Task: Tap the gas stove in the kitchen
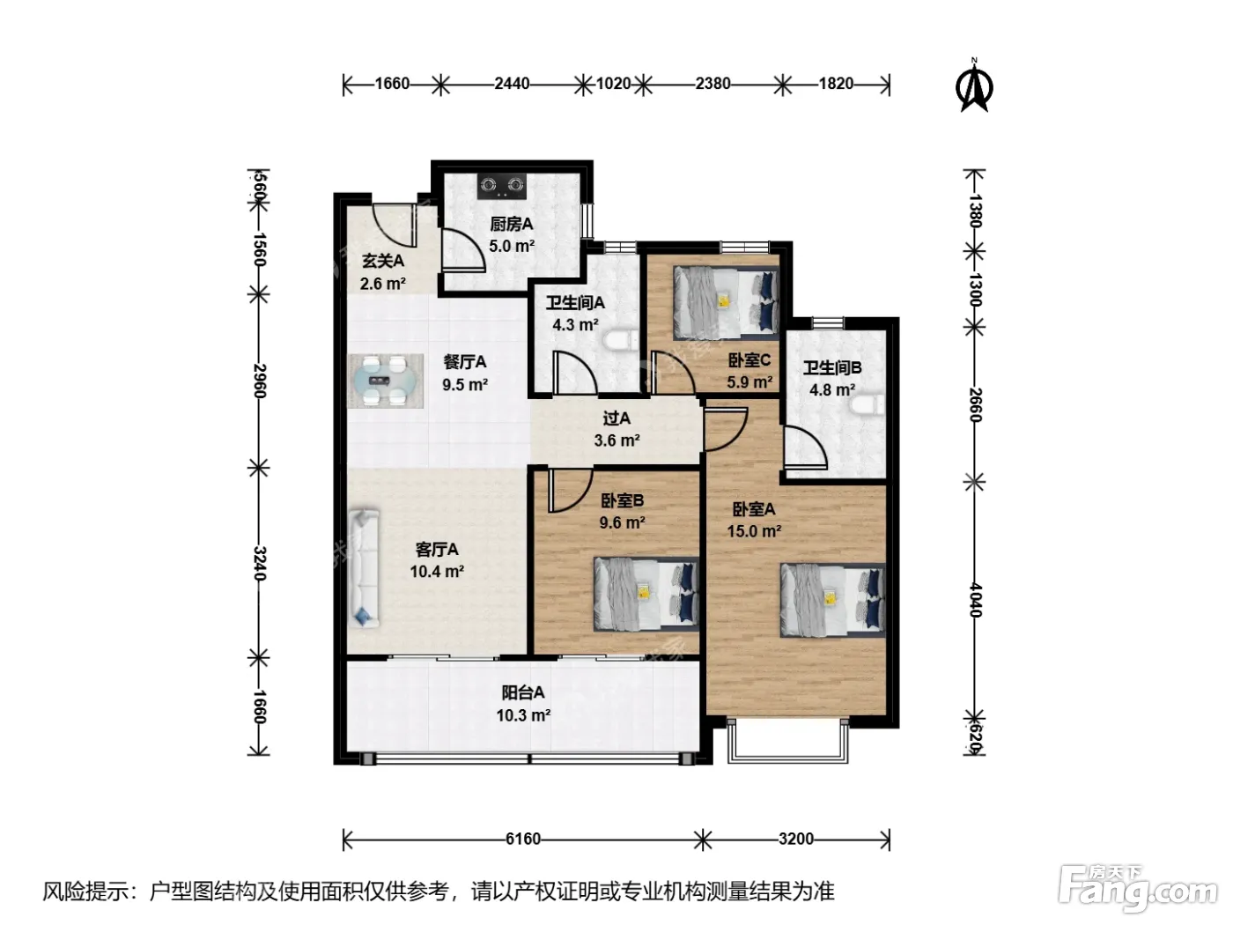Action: point(502,186)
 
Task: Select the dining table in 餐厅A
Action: point(385,381)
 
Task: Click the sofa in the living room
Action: point(364,568)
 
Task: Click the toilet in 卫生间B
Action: point(867,405)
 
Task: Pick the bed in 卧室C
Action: point(726,303)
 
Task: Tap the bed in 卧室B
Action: point(646,594)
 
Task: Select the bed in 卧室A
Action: point(832,601)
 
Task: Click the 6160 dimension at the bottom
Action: point(523,839)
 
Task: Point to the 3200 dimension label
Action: point(796,839)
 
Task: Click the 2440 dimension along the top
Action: point(512,84)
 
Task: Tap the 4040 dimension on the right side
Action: point(976,600)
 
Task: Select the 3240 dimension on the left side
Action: point(260,563)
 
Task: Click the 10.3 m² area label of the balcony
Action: point(523,715)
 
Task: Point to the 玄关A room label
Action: point(382,261)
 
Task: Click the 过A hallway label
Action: point(616,418)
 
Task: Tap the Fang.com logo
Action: point(1138,887)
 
